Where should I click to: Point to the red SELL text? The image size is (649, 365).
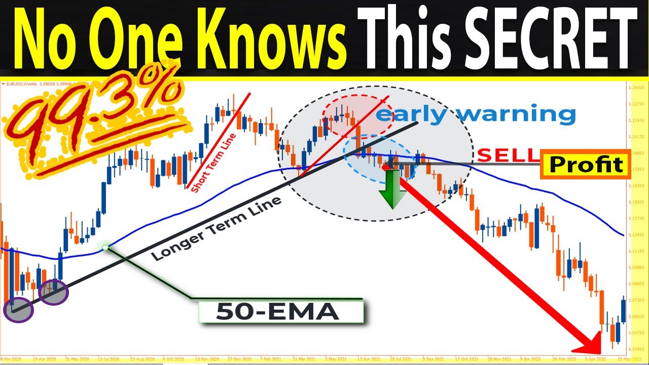point(505,155)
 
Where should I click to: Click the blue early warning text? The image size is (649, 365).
point(475,114)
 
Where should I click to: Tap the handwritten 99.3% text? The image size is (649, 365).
point(96,122)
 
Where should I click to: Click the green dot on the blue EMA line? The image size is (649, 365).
point(105,247)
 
